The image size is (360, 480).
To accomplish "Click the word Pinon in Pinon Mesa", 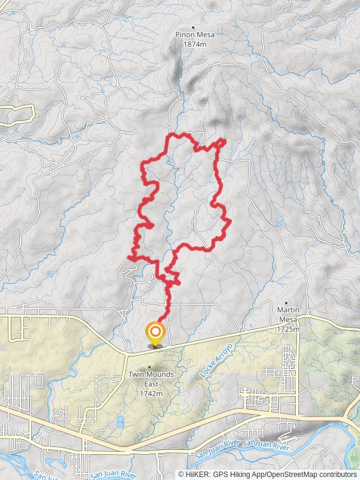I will click(x=184, y=35).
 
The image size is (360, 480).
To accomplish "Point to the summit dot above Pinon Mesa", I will click(x=193, y=27).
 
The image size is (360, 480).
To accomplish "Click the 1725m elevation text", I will click(x=288, y=329).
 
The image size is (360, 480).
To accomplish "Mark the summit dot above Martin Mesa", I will click(x=288, y=302).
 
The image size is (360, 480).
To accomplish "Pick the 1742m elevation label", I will click(x=149, y=394).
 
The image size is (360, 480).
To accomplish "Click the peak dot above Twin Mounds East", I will click(x=149, y=366).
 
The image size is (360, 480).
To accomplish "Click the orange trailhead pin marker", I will click(x=155, y=332).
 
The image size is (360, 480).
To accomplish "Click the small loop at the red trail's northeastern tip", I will click(x=221, y=142).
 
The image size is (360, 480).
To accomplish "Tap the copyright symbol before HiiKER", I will click(x=181, y=474).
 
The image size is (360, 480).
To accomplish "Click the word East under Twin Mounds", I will click(x=150, y=384).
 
